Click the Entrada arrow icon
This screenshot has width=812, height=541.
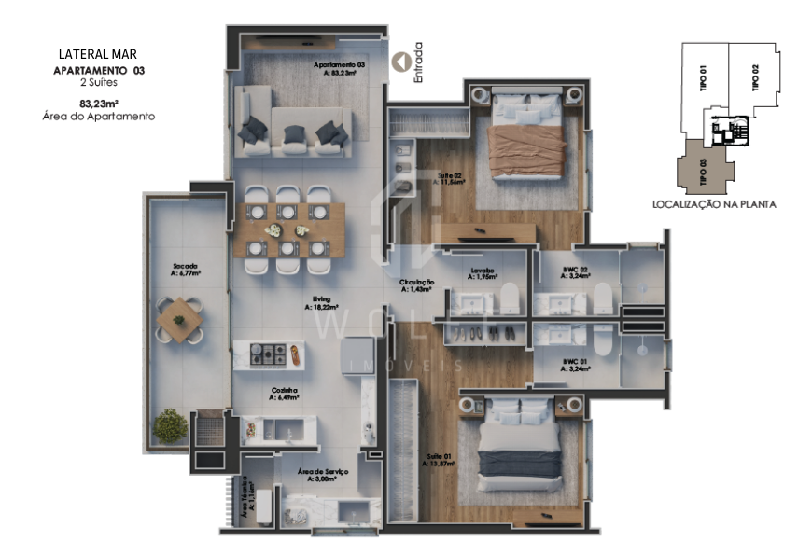(x=402, y=62)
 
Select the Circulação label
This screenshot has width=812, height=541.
(x=417, y=285)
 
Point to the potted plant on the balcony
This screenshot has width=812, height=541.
(x=170, y=425)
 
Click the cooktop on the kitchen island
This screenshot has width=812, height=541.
(x=272, y=354)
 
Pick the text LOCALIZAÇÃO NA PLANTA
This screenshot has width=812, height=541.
(x=714, y=203)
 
